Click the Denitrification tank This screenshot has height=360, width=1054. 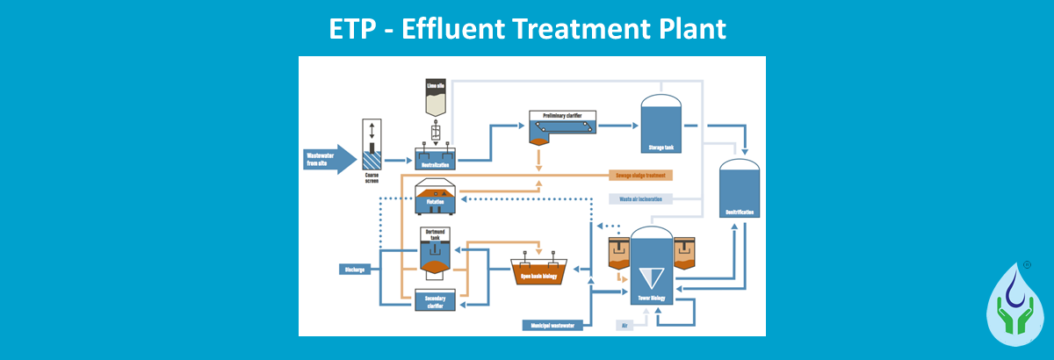coord(737,193)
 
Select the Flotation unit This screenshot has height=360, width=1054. coord(435,198)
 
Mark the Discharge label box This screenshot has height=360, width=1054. coord(355,270)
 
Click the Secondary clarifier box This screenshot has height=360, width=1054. coord(436,300)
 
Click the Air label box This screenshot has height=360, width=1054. coord(624,326)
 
